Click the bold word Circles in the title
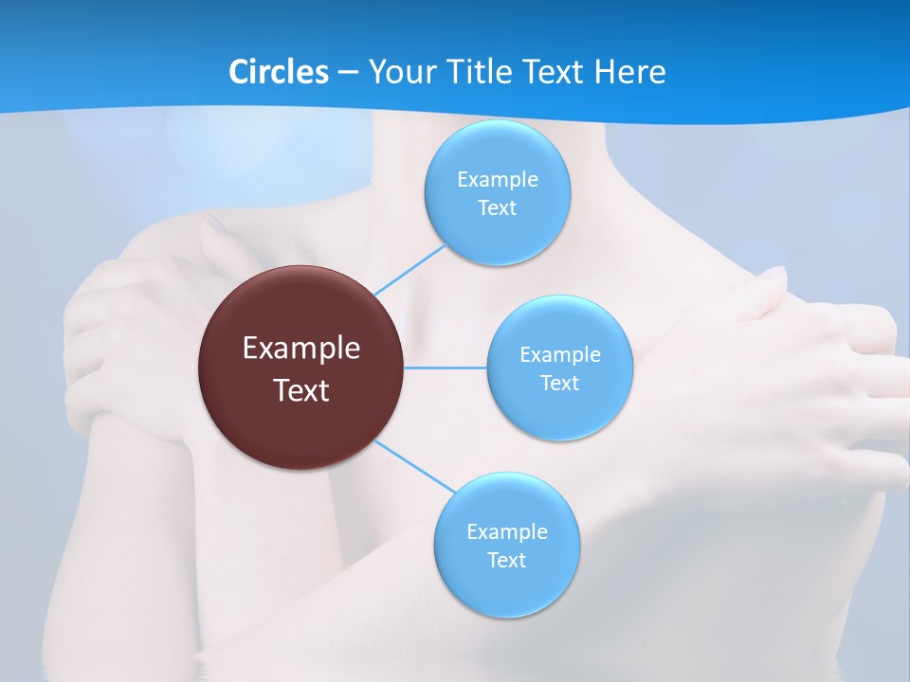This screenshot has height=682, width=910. click(278, 72)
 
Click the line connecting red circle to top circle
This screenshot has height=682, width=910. click(409, 269)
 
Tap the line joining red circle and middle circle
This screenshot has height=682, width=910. click(446, 368)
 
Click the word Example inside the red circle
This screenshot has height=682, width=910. click(301, 349)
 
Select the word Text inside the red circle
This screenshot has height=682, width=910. click(301, 390)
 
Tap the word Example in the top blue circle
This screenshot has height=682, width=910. click(497, 180)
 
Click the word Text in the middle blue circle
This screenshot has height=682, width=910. click(559, 384)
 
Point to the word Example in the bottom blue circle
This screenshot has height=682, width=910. click(506, 532)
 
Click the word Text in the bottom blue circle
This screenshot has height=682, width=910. click(506, 561)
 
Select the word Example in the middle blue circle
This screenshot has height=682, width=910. click(559, 355)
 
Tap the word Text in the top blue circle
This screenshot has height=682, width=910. click(497, 208)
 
